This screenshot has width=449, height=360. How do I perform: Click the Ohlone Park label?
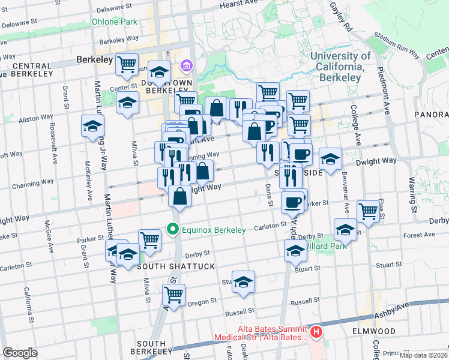click(114, 22)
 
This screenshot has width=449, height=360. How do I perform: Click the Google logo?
click(20, 352)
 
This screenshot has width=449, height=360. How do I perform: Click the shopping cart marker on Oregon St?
click(173, 295)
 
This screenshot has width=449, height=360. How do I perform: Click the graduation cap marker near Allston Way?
click(93, 126)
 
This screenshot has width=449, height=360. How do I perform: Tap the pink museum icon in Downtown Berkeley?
click(187, 65)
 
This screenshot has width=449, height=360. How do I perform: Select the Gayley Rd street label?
click(340, 17)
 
